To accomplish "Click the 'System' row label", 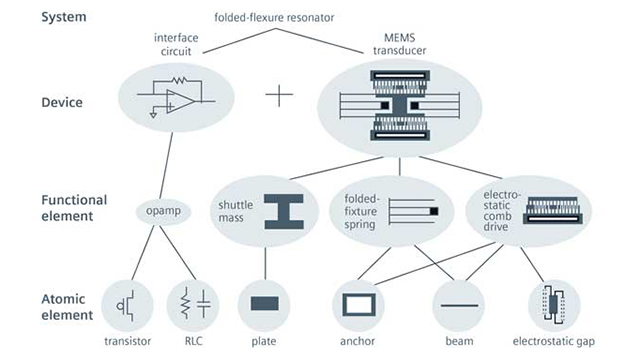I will [x=36, y=16].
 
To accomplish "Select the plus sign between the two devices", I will [x=279, y=96].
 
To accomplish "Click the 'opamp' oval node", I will [x=163, y=212].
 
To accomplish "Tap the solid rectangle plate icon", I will [x=264, y=304].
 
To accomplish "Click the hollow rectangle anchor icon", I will [x=357, y=303].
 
